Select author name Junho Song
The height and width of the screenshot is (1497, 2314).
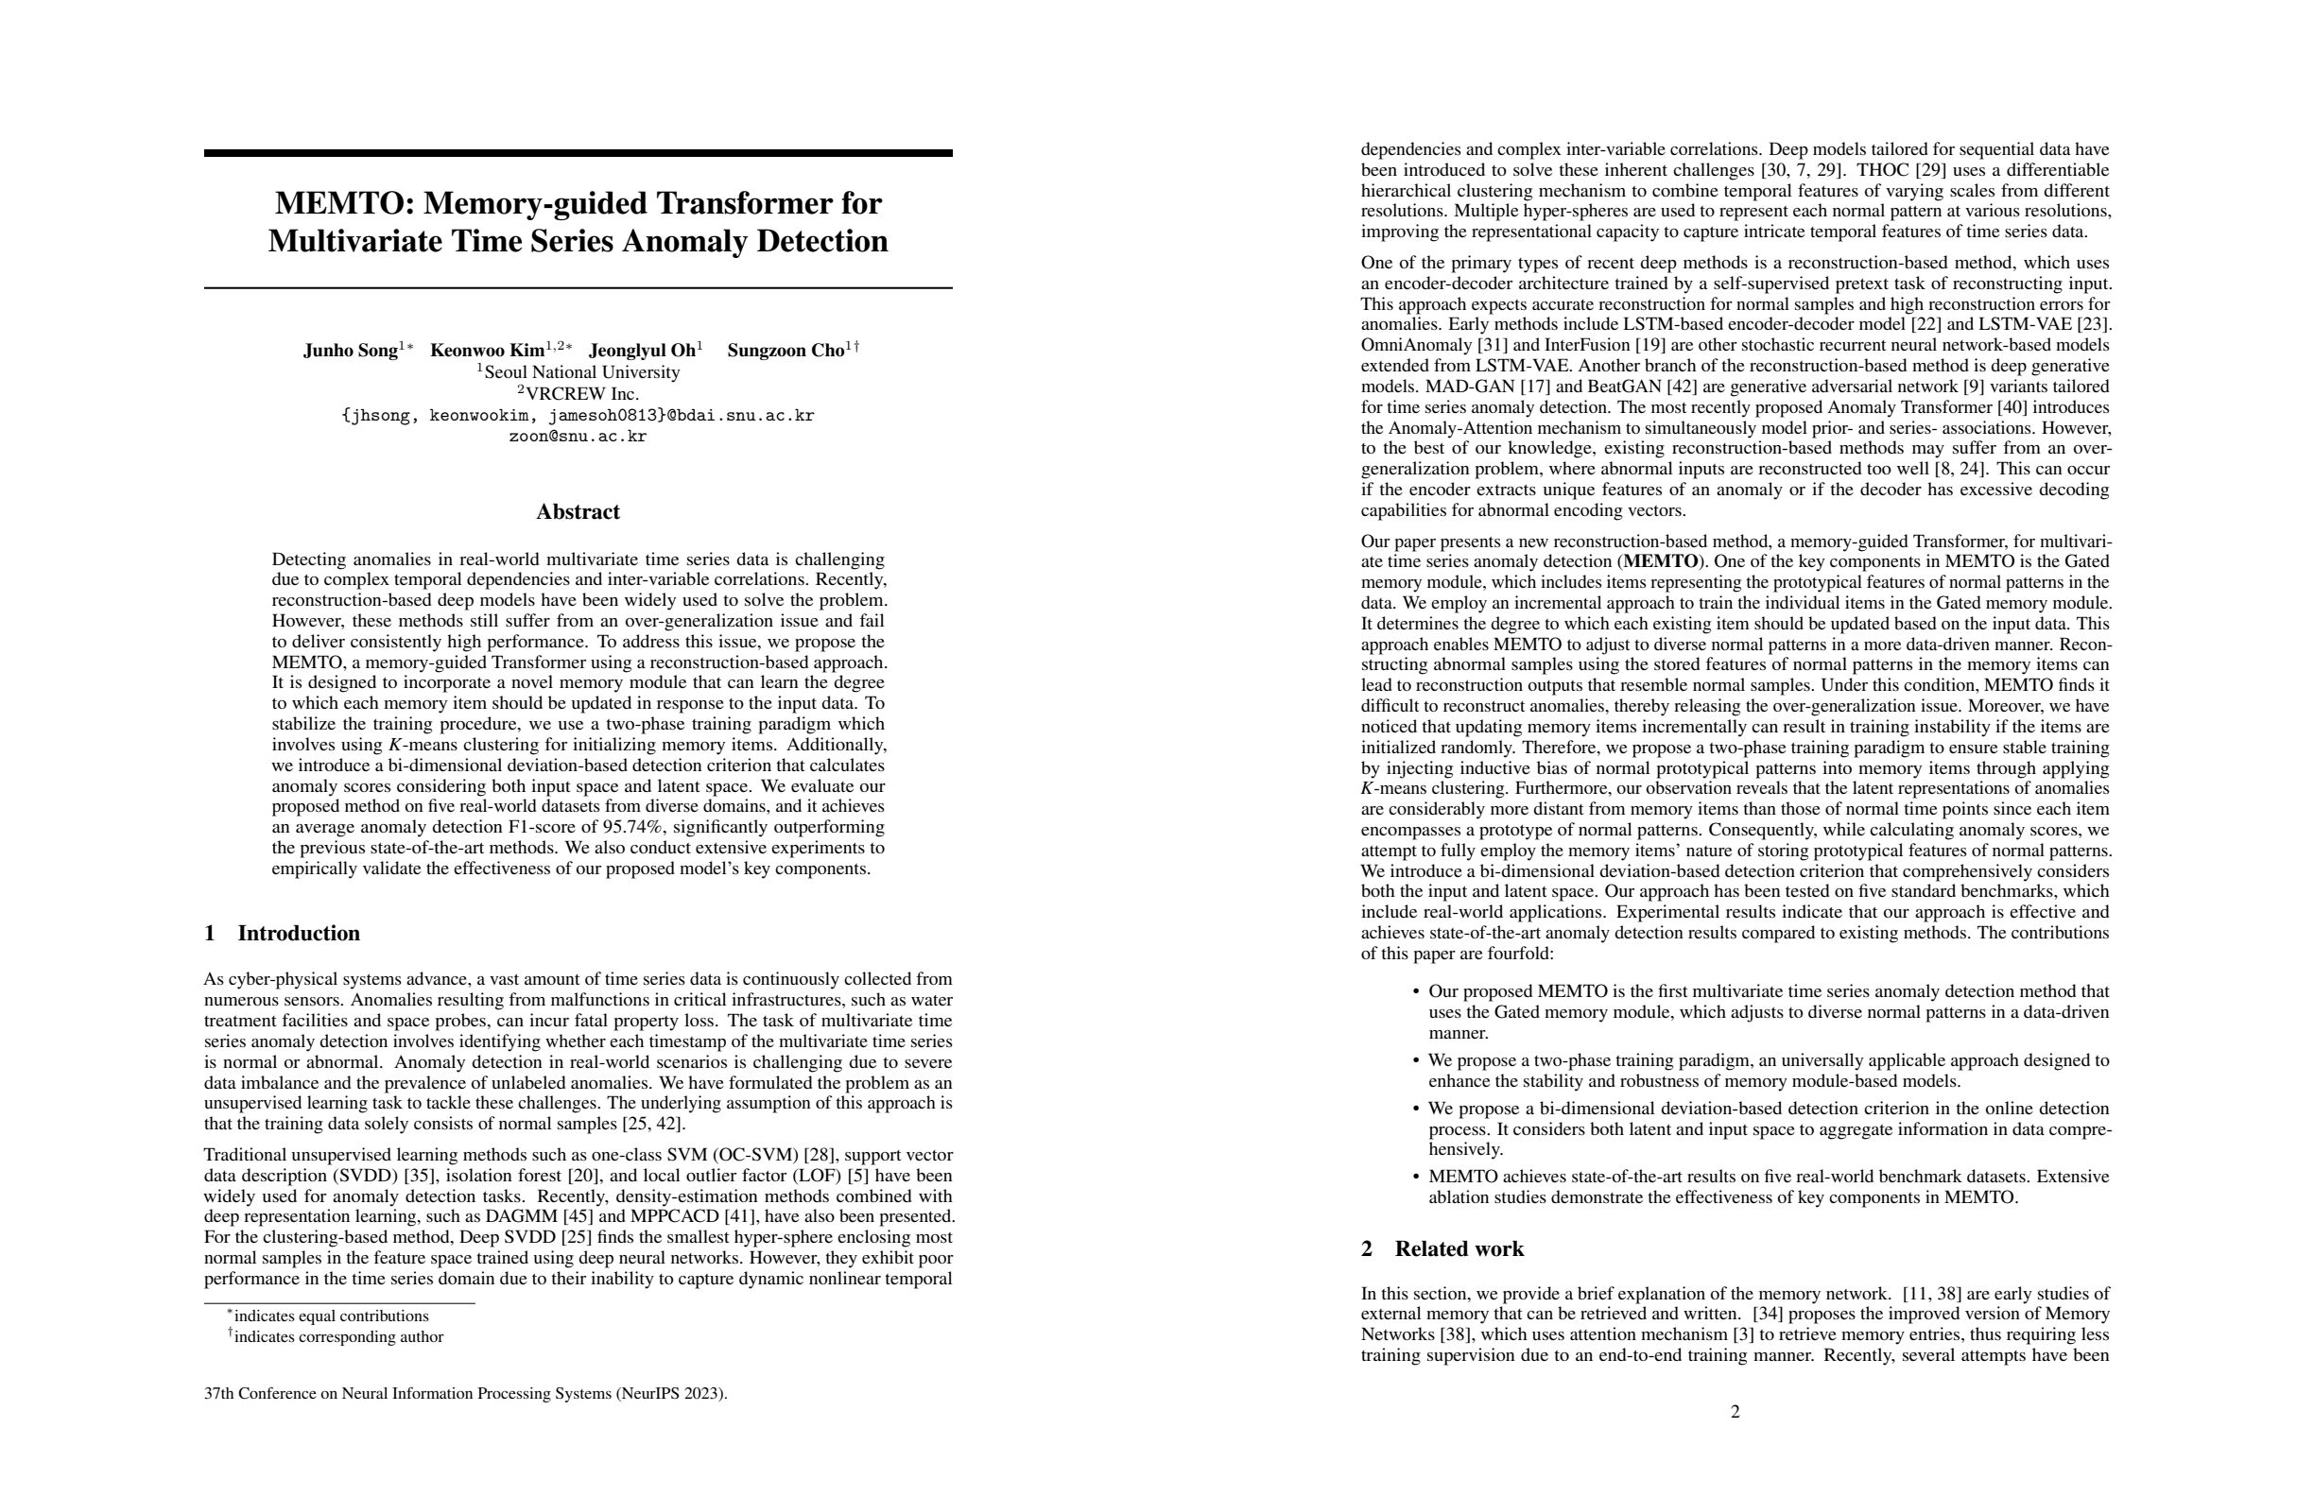point(350,351)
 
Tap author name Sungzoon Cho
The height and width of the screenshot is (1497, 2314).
point(786,351)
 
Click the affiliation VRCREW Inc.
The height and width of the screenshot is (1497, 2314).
point(581,394)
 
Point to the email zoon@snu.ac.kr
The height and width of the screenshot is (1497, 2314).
point(578,437)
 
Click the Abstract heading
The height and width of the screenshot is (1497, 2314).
point(578,512)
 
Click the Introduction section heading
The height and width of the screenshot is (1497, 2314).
point(298,933)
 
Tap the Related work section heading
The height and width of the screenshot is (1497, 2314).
point(1459,1249)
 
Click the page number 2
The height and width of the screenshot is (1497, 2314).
point(1735,1411)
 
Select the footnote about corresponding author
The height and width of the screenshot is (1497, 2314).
point(337,1336)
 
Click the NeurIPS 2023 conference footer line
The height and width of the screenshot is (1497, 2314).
point(466,1393)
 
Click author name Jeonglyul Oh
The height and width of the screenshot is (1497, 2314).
point(642,351)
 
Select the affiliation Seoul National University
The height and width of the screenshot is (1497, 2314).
point(581,372)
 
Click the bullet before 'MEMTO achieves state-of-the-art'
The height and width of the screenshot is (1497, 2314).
point(1416,1178)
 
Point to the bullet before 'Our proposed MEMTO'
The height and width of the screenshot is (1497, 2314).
point(1416,992)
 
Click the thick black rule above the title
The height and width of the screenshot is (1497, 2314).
point(578,152)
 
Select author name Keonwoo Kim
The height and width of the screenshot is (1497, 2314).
point(487,351)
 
